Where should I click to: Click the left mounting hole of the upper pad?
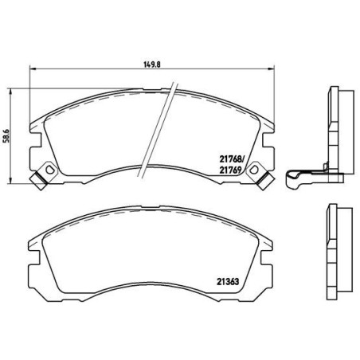tap(49, 170)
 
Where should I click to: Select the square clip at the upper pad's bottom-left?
tap(36, 181)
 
